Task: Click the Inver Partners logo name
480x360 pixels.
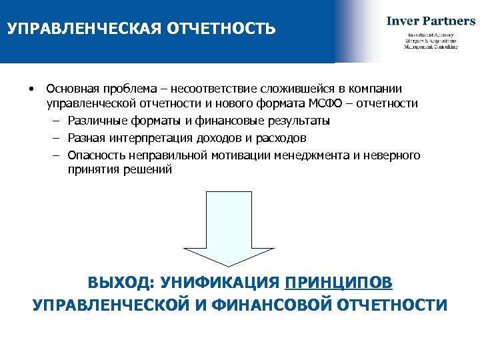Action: coord(431,21)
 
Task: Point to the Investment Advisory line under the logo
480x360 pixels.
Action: coord(431,35)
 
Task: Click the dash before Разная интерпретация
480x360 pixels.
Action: coord(53,138)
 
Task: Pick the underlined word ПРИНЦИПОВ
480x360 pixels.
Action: coord(339,283)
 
